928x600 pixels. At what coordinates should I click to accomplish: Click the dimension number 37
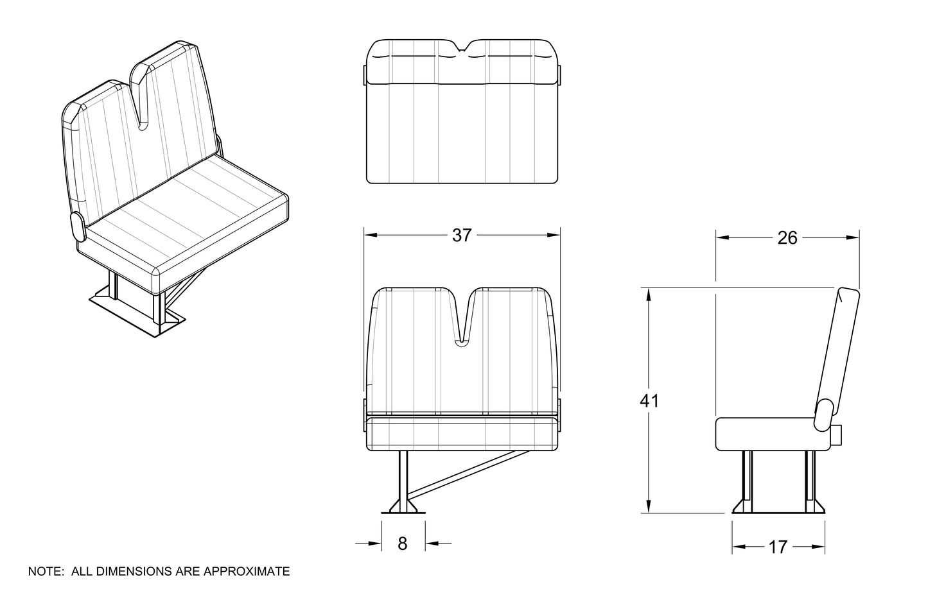462,236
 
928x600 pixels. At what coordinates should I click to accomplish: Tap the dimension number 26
787,237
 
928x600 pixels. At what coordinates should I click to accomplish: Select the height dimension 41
649,401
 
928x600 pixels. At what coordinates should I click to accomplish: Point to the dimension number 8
402,544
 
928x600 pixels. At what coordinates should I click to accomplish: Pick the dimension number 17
778,547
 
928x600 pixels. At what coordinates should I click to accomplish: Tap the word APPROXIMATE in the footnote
247,571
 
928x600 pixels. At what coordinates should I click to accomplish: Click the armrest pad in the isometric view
78,227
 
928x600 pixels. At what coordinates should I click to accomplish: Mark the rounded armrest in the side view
823,415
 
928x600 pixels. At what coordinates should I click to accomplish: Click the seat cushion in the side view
766,434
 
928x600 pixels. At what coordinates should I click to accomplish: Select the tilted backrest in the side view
838,352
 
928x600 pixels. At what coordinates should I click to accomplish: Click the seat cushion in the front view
462,434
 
